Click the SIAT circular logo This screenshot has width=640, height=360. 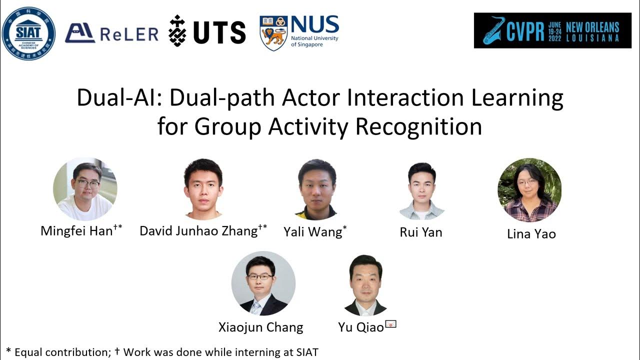(28, 33)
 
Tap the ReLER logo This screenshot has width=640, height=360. (111, 33)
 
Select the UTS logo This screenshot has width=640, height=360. (207, 31)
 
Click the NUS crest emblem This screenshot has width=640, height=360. (273, 33)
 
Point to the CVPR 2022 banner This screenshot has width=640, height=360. (552, 30)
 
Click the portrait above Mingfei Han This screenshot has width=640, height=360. (85, 189)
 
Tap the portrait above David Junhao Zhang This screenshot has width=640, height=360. (203, 189)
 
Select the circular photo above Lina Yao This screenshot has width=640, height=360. (529, 190)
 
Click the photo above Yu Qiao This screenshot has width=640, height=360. (365, 285)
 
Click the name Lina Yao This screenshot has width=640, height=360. (531, 234)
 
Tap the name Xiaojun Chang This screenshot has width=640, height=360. (260, 327)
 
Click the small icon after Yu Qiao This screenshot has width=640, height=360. (390, 324)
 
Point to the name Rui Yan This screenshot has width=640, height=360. (421, 232)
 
